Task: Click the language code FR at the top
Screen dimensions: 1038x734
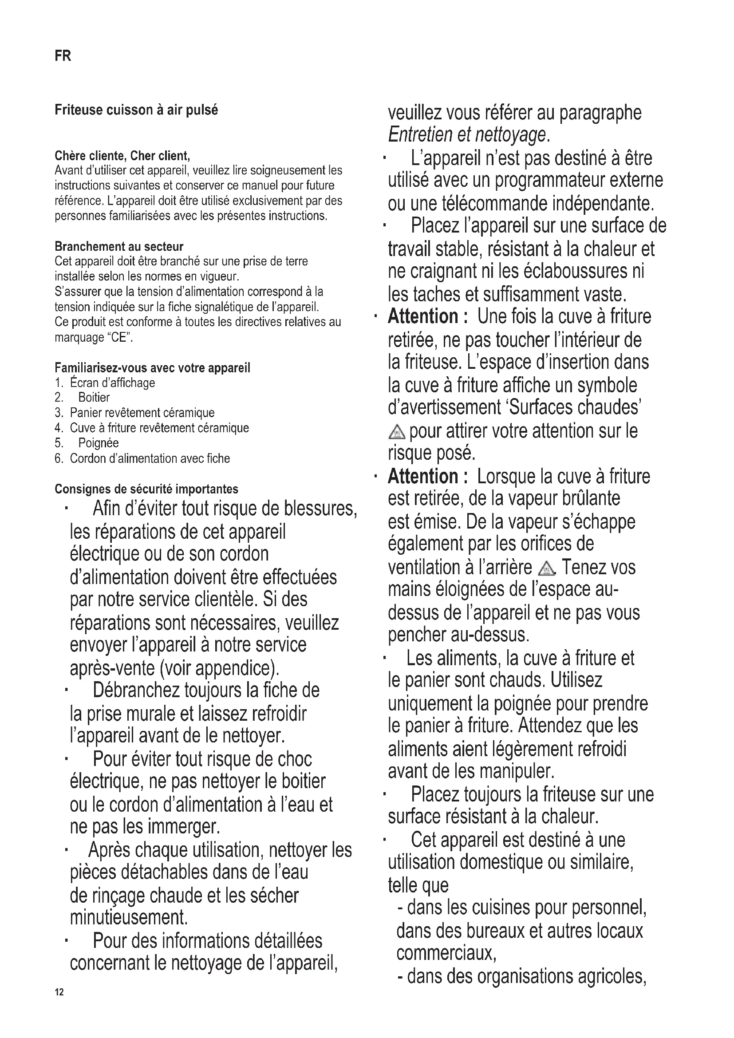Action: coord(63,55)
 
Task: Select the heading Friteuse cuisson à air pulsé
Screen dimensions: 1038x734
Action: coord(136,110)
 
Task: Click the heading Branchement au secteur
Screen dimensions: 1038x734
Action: coord(119,246)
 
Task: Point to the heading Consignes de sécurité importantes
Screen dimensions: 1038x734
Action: coord(146,489)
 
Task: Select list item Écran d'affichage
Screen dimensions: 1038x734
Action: coord(112,383)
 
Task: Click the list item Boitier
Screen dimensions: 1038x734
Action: coord(94,397)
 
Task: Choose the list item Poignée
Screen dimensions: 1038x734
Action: coord(99,443)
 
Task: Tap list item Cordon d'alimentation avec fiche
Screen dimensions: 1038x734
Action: coord(150,458)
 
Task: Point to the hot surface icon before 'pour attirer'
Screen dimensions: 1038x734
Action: coord(397,432)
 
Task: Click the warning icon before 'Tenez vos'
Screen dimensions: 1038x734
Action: coord(547,568)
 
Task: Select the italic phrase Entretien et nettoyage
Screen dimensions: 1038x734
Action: coord(467,135)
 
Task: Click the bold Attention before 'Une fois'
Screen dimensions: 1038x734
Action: coord(423,316)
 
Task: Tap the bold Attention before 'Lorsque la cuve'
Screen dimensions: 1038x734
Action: coord(423,477)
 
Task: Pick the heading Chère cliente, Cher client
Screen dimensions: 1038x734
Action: coord(122,156)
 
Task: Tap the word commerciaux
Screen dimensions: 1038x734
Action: coord(446,953)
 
